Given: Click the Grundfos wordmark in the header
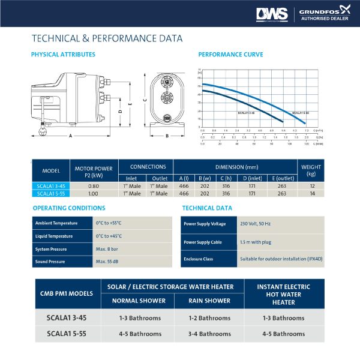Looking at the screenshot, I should [x=322, y=9].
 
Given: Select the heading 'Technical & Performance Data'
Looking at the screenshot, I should [x=107, y=39].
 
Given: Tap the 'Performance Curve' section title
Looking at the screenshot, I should [x=230, y=55].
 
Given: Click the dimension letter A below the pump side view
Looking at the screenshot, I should [x=71, y=136].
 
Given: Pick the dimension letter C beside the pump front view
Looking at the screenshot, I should [x=145, y=100].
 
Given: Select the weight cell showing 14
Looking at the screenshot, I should [x=311, y=194].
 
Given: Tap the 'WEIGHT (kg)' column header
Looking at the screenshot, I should [x=311, y=170].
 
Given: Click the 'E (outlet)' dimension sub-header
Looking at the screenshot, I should [x=281, y=178].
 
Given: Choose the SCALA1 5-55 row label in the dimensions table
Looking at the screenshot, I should [x=50, y=194].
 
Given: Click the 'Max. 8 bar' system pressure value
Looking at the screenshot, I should [x=108, y=249].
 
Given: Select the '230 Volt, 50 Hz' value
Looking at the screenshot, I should [x=255, y=223].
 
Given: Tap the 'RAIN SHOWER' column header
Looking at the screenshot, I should [x=209, y=301].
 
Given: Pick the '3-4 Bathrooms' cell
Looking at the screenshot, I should [x=209, y=334].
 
